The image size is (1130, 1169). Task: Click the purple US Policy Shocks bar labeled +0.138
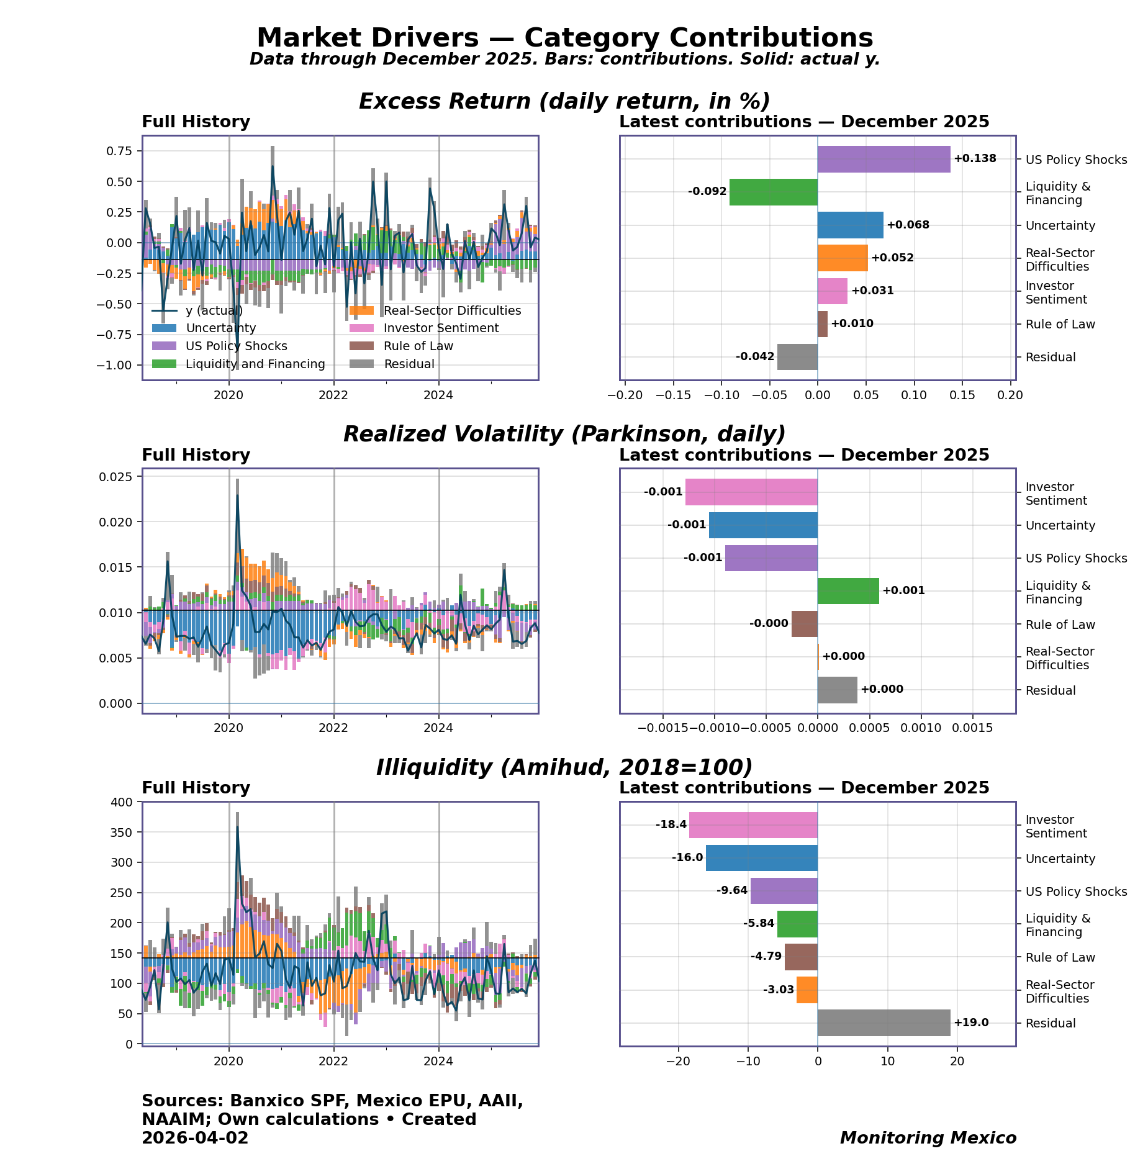pyautogui.click(x=884, y=160)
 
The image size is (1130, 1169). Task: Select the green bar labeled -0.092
pyautogui.click(x=773, y=192)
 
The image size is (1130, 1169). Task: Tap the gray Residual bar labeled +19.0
pyautogui.click(x=884, y=1022)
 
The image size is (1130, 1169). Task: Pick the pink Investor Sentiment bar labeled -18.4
pyautogui.click(x=753, y=825)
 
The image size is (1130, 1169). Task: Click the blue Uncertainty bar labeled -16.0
pyautogui.click(x=761, y=858)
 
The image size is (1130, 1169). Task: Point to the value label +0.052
pyautogui.click(x=892, y=258)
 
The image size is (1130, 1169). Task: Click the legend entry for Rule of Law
pyautogui.click(x=418, y=346)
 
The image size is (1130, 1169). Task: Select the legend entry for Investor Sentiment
pyautogui.click(x=441, y=328)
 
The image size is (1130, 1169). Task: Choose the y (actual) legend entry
pyautogui.click(x=214, y=310)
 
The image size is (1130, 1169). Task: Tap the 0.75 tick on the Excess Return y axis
pyautogui.click(x=119, y=151)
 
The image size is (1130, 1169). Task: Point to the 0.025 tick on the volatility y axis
pyautogui.click(x=115, y=477)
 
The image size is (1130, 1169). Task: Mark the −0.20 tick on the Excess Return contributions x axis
pyautogui.click(x=625, y=395)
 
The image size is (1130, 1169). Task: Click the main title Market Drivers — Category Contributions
pyautogui.click(x=564, y=38)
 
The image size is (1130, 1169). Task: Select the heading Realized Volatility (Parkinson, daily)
pyautogui.click(x=564, y=434)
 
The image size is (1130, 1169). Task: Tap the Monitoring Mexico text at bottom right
pyautogui.click(x=928, y=1138)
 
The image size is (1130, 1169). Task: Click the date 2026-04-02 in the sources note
pyautogui.click(x=195, y=1138)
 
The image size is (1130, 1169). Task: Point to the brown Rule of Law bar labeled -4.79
pyautogui.click(x=801, y=957)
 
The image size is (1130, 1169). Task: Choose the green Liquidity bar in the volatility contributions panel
pyautogui.click(x=848, y=591)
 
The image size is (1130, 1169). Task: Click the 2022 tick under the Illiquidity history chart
pyautogui.click(x=334, y=1062)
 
